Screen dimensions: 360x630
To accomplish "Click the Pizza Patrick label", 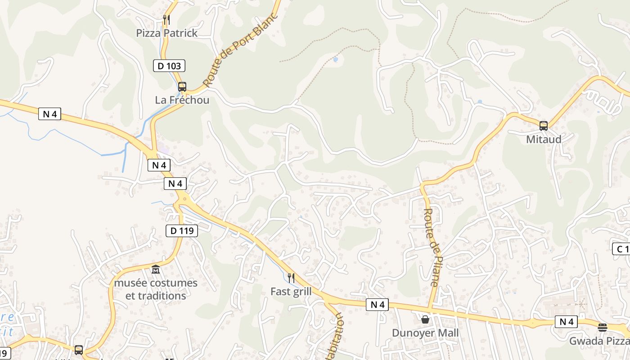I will [x=167, y=33].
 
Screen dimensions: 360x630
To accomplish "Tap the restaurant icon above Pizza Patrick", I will [x=166, y=19].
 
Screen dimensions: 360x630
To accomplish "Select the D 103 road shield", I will [x=169, y=66].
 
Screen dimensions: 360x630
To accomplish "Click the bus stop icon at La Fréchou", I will [x=182, y=86].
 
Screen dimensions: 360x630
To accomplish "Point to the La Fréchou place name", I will [x=182, y=100].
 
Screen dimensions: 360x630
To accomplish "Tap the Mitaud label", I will [x=544, y=139].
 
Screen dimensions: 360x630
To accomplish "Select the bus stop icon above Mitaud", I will [x=544, y=126].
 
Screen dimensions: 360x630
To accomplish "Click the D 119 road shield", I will [x=182, y=231].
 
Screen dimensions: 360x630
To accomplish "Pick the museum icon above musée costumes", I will [x=156, y=270].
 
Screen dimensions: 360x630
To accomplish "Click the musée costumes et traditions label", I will [x=156, y=289].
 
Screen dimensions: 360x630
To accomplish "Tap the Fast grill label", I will [x=291, y=292].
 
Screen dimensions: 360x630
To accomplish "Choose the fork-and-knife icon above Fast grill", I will [x=291, y=278].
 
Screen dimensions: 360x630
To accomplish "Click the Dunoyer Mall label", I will [x=425, y=333].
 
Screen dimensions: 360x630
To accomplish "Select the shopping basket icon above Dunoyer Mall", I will [x=425, y=319].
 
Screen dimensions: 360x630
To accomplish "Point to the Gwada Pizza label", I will [x=599, y=341].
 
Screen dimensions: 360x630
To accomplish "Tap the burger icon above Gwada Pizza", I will [x=603, y=327].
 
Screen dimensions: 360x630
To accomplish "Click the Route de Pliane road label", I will [x=431, y=247].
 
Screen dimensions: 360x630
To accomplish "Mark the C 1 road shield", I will [x=621, y=248].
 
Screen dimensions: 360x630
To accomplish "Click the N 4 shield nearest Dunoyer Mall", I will [x=377, y=305].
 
